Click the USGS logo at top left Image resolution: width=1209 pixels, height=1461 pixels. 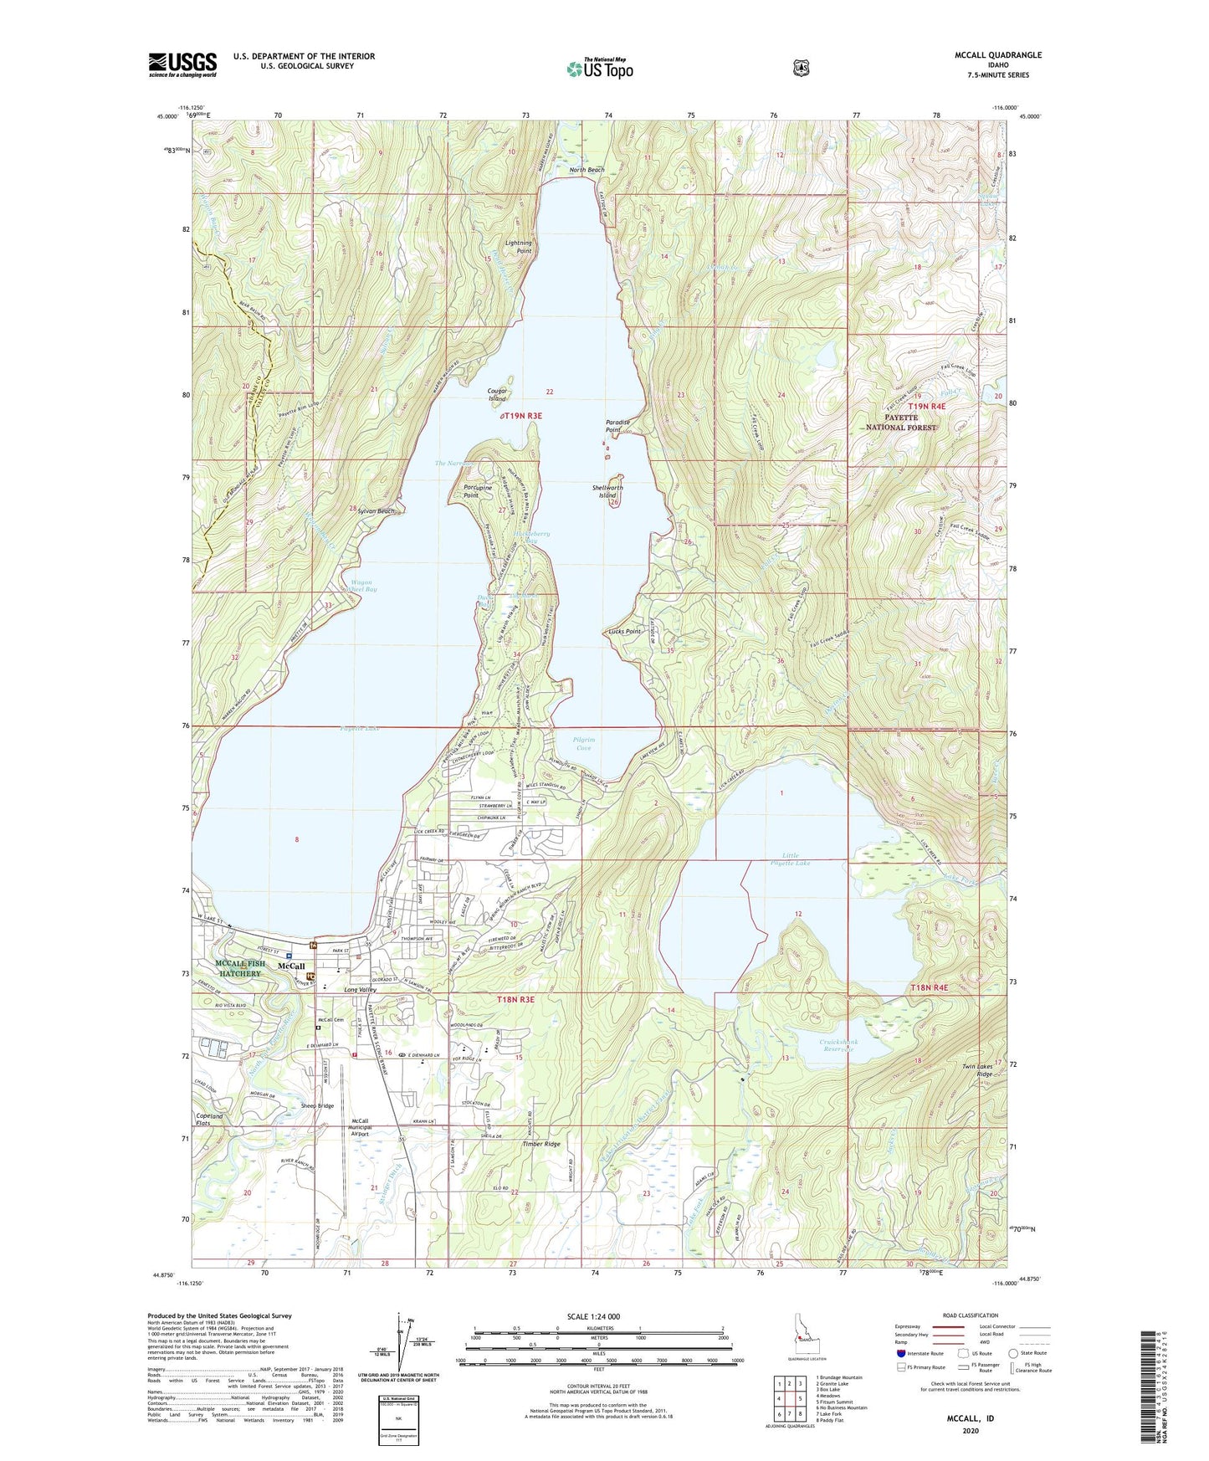[182, 64]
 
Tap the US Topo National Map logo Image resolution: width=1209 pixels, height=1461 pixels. [598, 68]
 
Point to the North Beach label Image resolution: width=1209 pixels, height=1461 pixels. [587, 170]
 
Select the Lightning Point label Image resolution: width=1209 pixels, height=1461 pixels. [519, 247]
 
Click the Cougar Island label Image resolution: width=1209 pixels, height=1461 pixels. [498, 394]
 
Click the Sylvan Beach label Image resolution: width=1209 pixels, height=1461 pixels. [373, 510]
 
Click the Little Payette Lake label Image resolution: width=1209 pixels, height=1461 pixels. [791, 859]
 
